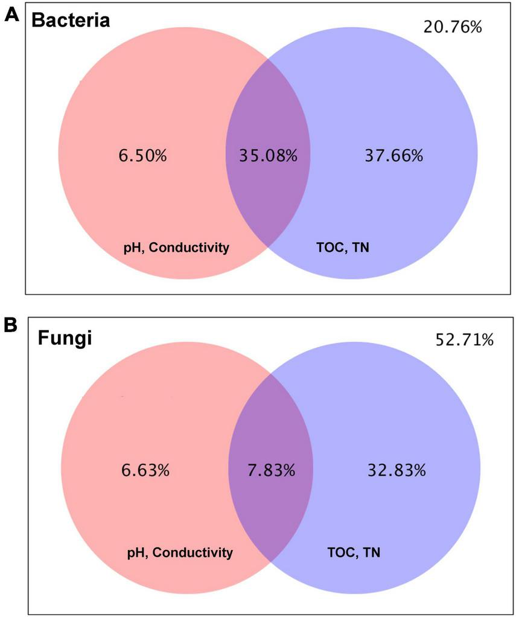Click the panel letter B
click(11, 324)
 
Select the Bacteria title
click(71, 21)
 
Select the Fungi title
click(65, 338)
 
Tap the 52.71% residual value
click(464, 340)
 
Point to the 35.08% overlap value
click(261, 156)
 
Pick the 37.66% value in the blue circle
click(394, 156)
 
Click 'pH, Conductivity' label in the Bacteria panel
click(176, 248)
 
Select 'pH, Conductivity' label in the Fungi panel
click(179, 552)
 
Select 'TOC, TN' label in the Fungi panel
click(354, 552)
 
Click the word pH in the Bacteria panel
click(131, 248)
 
